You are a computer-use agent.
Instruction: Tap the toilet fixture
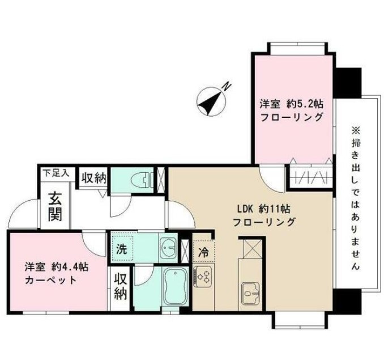pyautogui.click(x=141, y=180)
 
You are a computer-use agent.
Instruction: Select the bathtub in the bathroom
pyautogui.click(x=175, y=283)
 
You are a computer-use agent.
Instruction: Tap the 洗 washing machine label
pyautogui.click(x=122, y=248)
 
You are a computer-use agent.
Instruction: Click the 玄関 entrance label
pyautogui.click(x=55, y=207)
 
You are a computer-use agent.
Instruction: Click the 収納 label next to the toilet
pyautogui.click(x=93, y=179)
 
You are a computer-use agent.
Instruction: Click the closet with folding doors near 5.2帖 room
pyautogui.click(x=310, y=175)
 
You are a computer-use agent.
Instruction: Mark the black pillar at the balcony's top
pyautogui.click(x=347, y=81)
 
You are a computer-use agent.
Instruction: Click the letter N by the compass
pyautogui.click(x=225, y=86)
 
